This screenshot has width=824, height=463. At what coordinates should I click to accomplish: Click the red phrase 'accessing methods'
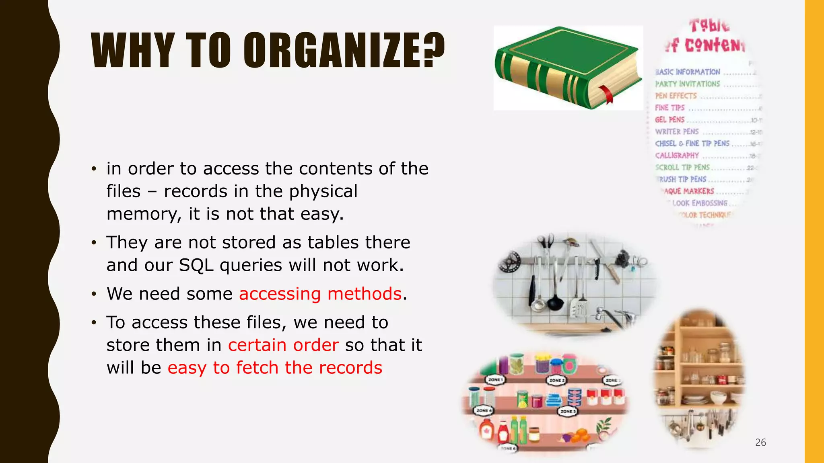pos(320,294)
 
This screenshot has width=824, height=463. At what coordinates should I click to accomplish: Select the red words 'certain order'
pos(283,345)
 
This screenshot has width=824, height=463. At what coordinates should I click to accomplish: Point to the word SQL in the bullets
pos(196,265)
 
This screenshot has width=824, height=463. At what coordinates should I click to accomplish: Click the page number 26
pos(760,443)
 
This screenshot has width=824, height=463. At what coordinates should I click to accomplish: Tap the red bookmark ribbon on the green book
pos(607,94)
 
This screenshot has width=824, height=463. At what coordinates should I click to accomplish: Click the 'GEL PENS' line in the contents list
pos(669,120)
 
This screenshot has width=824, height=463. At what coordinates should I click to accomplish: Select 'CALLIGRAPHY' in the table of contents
pos(677,156)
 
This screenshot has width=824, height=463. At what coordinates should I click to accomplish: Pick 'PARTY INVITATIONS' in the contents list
pos(687,84)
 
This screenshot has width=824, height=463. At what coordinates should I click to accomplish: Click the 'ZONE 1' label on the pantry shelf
pos(494,379)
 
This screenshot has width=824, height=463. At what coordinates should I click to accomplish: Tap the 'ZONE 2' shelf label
pos(557,380)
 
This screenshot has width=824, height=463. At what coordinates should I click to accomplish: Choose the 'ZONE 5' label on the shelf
pos(568,411)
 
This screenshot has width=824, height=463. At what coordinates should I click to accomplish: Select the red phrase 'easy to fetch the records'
pos(275,368)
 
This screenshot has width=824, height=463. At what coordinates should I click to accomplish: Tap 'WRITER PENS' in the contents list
pos(677,132)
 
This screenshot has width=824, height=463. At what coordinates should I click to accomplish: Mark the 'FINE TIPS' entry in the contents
pos(669,108)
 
